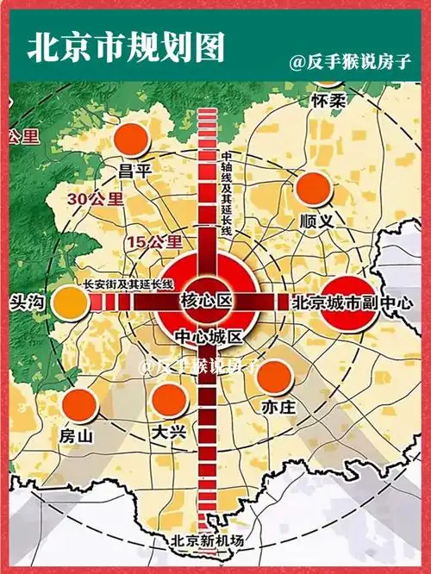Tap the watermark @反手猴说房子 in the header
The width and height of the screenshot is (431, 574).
(x=349, y=62)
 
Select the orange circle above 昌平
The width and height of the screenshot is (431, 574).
(x=131, y=140)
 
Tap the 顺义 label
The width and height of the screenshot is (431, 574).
(x=315, y=221)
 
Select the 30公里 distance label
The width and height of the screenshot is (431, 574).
(x=95, y=199)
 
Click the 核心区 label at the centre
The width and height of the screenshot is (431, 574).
(x=207, y=301)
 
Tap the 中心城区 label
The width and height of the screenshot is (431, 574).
(x=209, y=335)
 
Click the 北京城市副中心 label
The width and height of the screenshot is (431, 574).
(x=353, y=303)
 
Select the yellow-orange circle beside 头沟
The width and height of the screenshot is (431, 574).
(x=71, y=303)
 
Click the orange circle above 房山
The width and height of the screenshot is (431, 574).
(x=79, y=404)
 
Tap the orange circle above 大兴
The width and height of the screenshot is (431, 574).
(x=168, y=400)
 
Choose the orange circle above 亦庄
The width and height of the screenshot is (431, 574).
(x=273, y=376)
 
